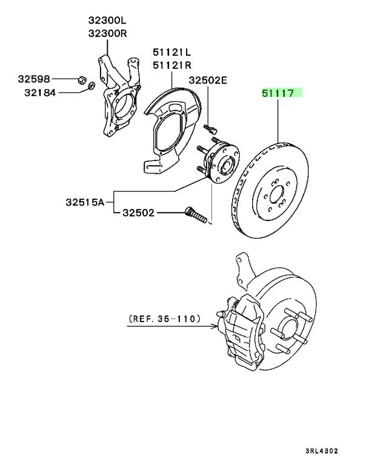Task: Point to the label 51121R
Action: pos(171,65)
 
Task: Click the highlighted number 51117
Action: pos(278,93)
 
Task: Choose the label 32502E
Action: pos(208,79)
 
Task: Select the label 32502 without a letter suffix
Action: pos(139,213)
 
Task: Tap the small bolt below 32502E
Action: pos(210,128)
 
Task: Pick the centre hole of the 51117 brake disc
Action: pos(277,194)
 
